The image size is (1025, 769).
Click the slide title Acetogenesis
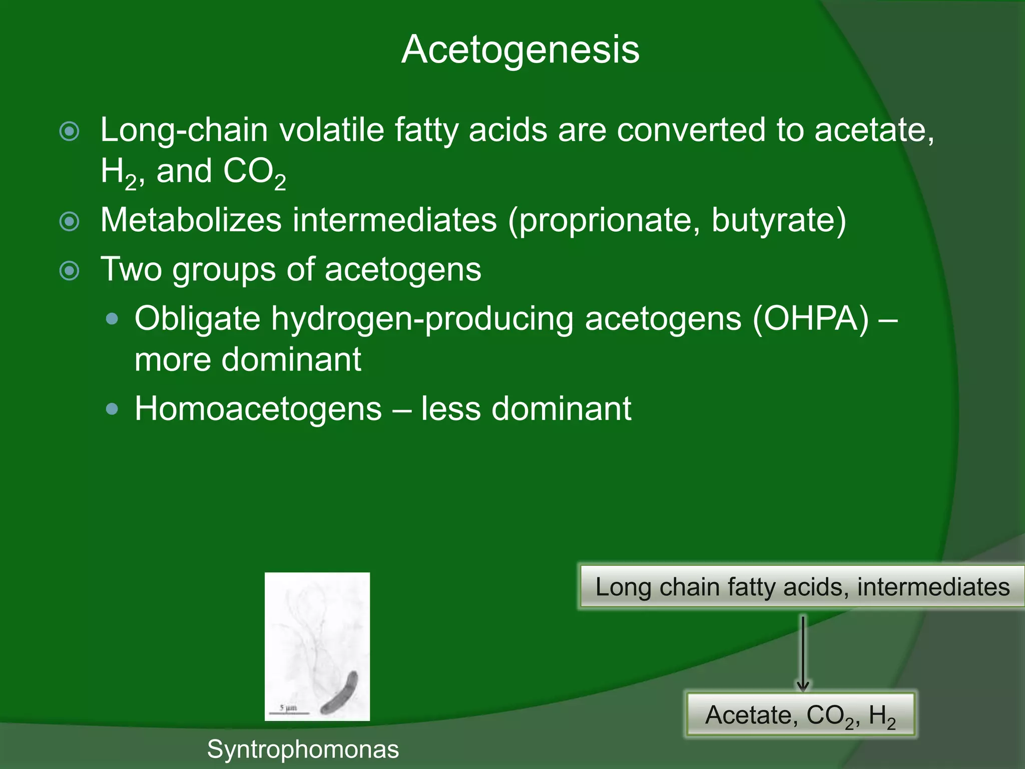(x=520, y=50)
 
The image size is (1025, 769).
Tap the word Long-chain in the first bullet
(x=184, y=130)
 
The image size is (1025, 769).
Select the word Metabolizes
(x=191, y=220)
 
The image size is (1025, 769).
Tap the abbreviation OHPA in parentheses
(x=810, y=319)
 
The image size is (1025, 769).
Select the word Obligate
(x=197, y=320)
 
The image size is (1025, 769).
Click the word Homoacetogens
(x=258, y=409)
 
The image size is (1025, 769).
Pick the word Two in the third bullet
(x=131, y=269)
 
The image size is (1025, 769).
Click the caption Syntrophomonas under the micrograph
(x=303, y=749)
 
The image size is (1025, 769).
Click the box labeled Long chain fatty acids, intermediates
(x=802, y=587)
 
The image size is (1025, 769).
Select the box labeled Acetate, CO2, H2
(x=800, y=715)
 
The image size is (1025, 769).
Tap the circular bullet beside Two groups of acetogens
(x=70, y=271)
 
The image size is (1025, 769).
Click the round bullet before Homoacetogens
(x=113, y=409)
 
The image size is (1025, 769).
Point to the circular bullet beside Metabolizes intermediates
(x=70, y=221)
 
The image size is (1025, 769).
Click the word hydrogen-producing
(x=422, y=319)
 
